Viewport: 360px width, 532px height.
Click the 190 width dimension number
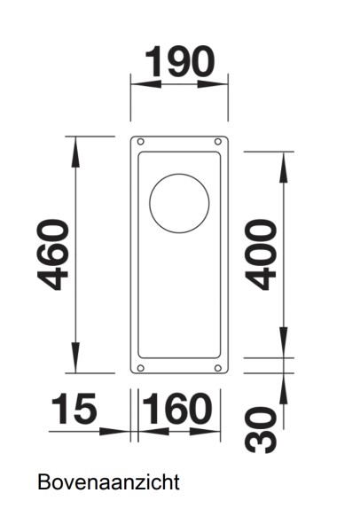point(179,61)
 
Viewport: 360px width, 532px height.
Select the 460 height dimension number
point(55,255)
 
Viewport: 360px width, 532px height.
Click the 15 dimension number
point(73,410)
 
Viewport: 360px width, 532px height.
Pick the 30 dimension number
point(260,430)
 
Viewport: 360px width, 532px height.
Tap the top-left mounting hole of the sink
point(140,142)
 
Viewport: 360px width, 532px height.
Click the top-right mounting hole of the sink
point(218,142)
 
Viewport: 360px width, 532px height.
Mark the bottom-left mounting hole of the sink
point(140,367)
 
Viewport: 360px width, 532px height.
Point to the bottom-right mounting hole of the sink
point(218,367)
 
